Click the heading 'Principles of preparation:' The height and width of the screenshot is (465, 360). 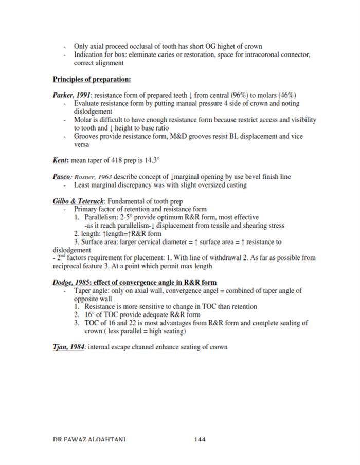click(92, 79)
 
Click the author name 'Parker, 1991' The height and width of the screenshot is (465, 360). click(72, 95)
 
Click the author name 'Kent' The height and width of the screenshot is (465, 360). click(61, 160)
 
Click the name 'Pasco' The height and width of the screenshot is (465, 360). click(62, 177)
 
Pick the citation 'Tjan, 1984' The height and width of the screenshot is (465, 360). click(69, 347)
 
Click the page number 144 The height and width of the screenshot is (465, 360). click(200, 439)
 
